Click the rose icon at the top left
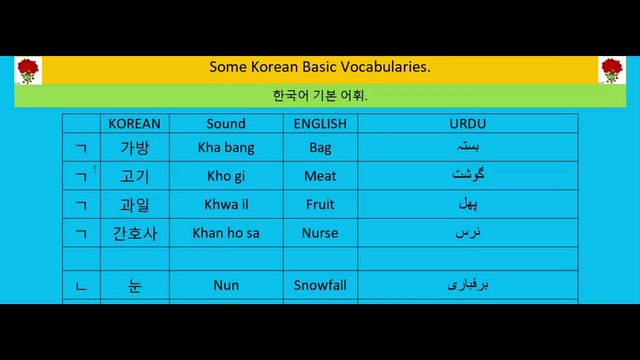point(27,70)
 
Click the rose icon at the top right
point(611,70)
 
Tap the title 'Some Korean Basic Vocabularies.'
point(320,67)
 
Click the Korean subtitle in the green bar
point(320,97)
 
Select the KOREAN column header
point(134,124)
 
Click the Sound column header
point(226,124)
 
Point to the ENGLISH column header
point(320,124)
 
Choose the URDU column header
point(468,124)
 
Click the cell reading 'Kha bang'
point(226,147)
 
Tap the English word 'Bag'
point(320,147)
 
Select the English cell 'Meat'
point(320,176)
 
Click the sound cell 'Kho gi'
point(226,176)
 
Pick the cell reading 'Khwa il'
point(226,204)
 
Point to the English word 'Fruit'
point(320,204)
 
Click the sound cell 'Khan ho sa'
point(226,233)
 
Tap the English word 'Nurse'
point(320,233)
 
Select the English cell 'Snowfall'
point(320,285)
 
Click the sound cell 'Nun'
point(226,285)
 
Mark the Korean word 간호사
point(134,233)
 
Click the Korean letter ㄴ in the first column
point(81,286)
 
